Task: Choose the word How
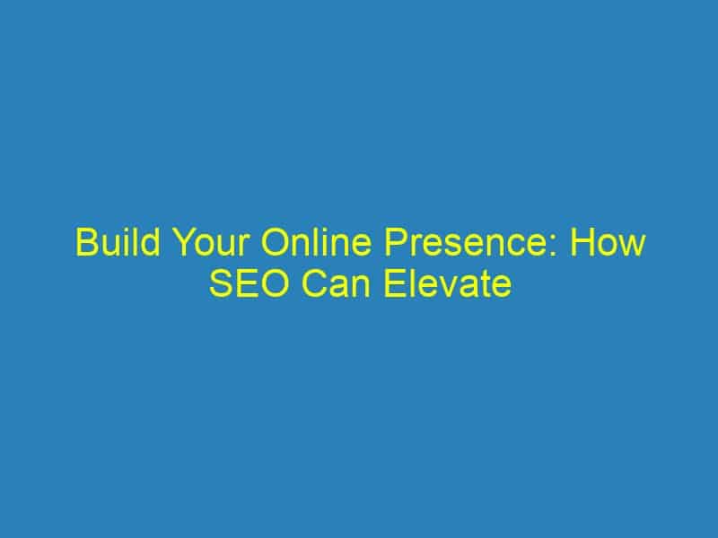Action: point(608,242)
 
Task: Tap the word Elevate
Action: point(448,283)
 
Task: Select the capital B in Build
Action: point(85,242)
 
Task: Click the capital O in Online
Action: point(275,242)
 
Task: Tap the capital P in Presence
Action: point(395,242)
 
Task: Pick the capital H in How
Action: point(582,242)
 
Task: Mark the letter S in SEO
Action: point(221,283)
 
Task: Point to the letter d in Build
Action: point(152,242)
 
